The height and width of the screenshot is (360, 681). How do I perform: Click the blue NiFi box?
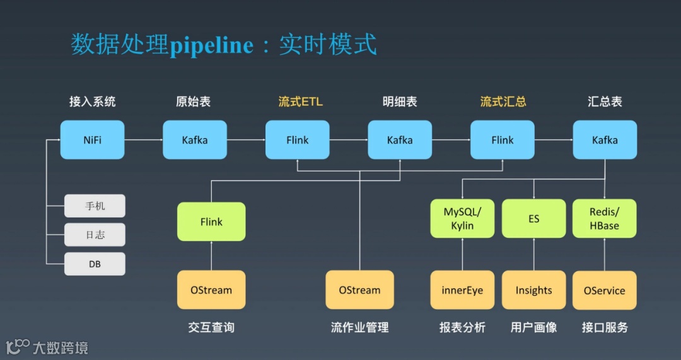tap(92, 140)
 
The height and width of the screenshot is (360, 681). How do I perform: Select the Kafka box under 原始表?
tap(195, 140)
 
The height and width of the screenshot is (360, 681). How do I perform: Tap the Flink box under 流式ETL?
tap(297, 140)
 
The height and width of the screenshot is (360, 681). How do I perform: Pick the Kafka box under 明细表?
tap(400, 140)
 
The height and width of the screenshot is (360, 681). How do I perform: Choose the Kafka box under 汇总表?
tap(605, 140)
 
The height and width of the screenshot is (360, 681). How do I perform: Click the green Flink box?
tap(211, 221)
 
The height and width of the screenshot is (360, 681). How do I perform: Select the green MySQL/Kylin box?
tap(462, 219)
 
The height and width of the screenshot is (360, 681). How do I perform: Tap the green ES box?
tap(533, 219)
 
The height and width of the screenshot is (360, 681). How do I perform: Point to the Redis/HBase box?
tap(605, 219)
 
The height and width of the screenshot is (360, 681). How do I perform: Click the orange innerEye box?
tap(462, 290)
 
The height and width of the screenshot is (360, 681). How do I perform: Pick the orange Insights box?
tap(533, 290)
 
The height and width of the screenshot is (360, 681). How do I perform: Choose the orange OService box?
tap(605, 290)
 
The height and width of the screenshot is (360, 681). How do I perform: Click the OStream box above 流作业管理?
tap(359, 290)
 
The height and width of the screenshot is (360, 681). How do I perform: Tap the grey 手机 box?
tap(95, 206)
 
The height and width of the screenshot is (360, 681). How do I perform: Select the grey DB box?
tap(95, 264)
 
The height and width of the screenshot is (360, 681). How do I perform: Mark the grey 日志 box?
tap(95, 235)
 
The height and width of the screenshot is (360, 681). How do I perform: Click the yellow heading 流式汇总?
tap(503, 102)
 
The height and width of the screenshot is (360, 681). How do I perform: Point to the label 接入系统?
tap(92, 102)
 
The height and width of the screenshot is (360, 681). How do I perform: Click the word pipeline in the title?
tap(211, 45)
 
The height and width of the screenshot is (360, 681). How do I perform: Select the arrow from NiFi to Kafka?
tap(144, 140)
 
